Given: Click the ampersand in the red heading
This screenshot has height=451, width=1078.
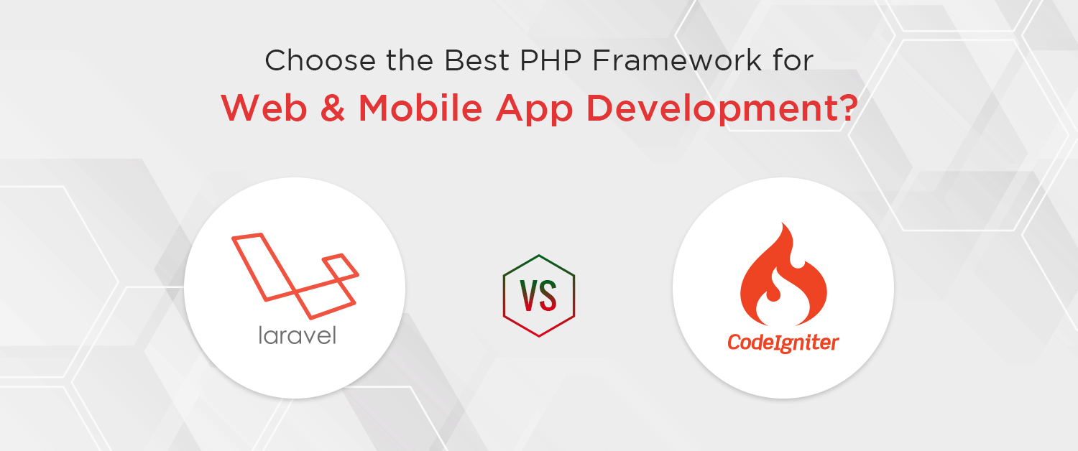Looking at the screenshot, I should point(331,108).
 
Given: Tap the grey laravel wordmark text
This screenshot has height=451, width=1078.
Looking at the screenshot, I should point(297,334).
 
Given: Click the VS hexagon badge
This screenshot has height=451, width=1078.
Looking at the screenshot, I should point(539,294).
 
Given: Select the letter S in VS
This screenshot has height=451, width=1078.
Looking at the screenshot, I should point(548,295).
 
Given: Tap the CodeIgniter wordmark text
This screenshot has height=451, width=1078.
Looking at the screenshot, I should point(783,342).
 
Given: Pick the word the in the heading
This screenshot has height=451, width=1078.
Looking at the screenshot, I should point(403,61).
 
